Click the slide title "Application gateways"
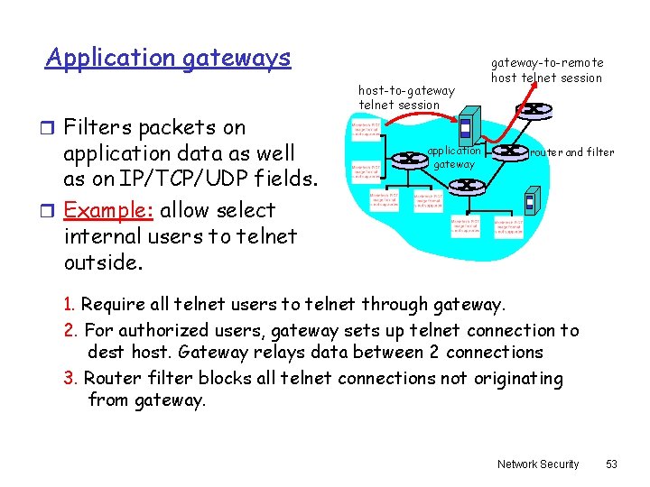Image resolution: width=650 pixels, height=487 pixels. click(x=168, y=59)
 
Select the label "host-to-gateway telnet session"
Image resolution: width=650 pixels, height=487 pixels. click(x=406, y=96)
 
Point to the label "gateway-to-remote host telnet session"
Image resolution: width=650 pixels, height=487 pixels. click(x=546, y=70)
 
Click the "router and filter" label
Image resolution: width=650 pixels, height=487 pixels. click(x=572, y=152)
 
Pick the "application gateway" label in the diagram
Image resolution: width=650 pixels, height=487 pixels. click(x=454, y=157)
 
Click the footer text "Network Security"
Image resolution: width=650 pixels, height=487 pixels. click(x=538, y=464)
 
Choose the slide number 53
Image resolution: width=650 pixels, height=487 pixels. click(x=611, y=464)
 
